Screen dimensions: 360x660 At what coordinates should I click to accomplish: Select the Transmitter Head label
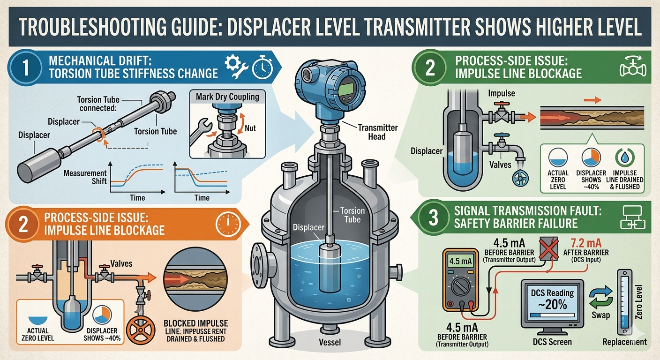377,132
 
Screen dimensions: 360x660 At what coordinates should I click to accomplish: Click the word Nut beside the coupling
250,127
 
